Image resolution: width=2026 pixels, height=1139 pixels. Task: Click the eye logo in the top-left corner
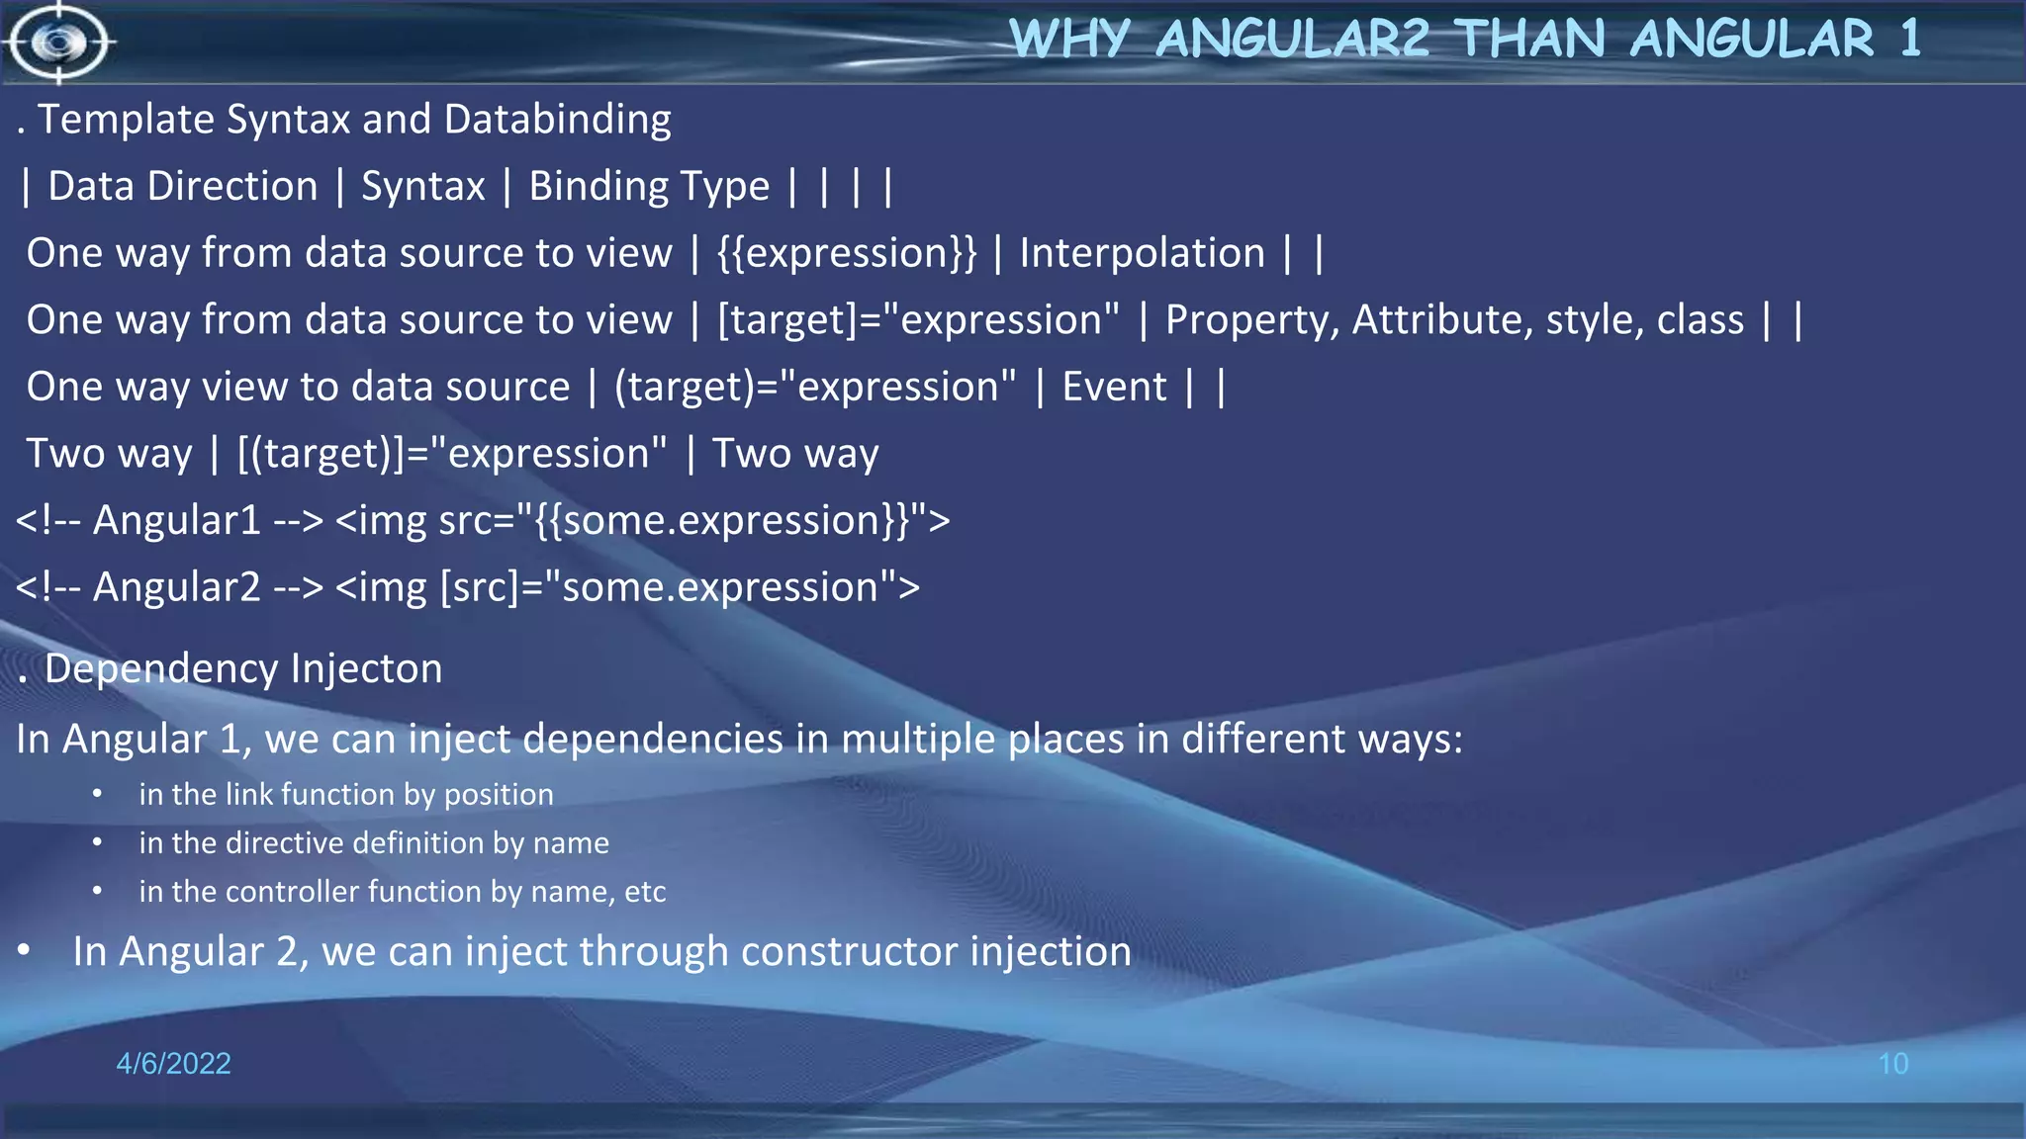point(58,43)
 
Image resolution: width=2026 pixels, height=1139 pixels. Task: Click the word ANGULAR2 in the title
point(1292,40)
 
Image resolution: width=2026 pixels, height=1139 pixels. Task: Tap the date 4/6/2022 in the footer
point(173,1063)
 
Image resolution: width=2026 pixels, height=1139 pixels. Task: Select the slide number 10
point(1892,1064)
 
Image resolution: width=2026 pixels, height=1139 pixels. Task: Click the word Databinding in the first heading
point(557,120)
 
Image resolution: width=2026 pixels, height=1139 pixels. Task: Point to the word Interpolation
point(1142,253)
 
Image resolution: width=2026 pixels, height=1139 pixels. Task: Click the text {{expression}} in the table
point(846,253)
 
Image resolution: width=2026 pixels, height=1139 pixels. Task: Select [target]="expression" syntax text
point(918,320)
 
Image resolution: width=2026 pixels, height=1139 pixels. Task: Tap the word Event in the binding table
point(1114,387)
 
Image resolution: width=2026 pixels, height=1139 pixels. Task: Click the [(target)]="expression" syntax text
point(452,454)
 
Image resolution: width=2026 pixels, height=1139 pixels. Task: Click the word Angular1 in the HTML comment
point(176,520)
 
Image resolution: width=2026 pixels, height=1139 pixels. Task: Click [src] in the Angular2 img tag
point(479,587)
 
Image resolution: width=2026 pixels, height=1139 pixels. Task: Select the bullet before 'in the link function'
point(97,794)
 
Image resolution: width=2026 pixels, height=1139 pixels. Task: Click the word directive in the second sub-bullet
point(284,842)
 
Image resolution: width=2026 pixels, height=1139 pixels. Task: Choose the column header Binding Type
point(648,186)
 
